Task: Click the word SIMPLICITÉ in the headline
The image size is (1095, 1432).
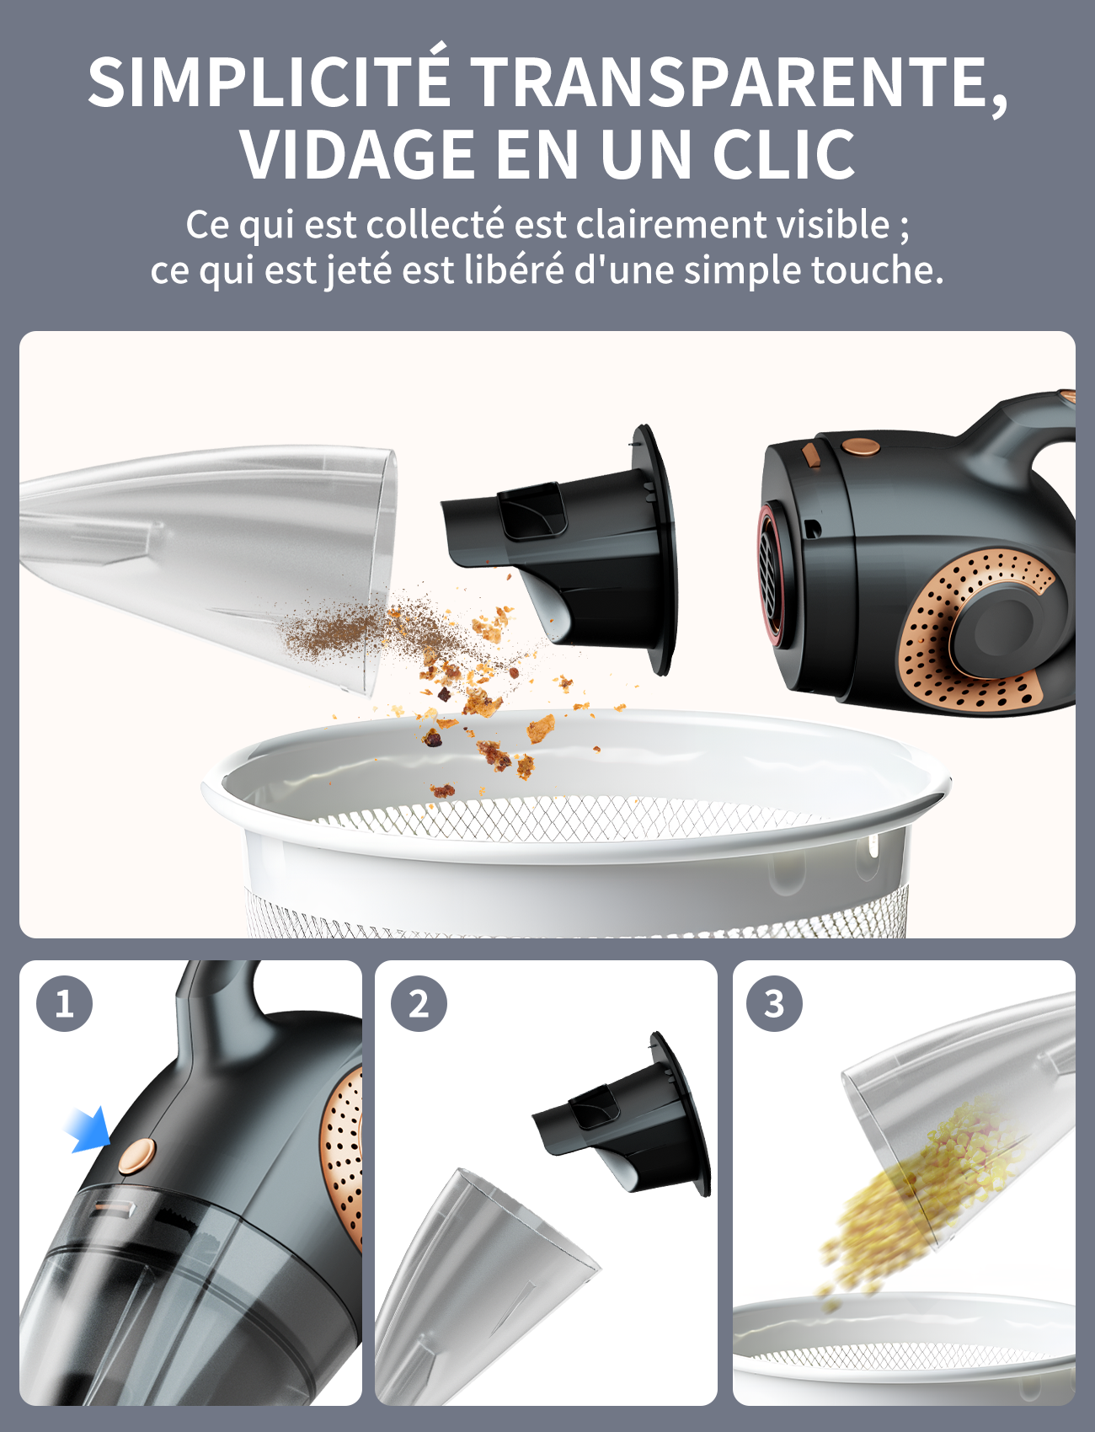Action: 270,82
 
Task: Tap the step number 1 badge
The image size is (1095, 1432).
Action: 64,1003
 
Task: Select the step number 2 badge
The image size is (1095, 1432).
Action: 419,1003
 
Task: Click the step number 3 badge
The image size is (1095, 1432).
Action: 774,1003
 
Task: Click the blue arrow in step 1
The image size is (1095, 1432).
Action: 89,1129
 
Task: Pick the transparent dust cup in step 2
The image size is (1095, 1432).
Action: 480,1285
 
